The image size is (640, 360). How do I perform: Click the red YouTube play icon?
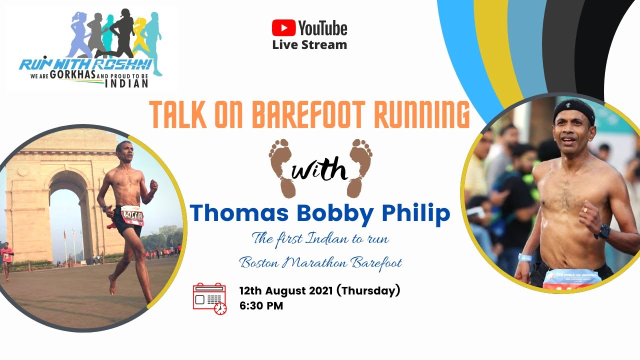pyautogui.click(x=283, y=27)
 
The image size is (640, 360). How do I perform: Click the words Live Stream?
pyautogui.click(x=309, y=44)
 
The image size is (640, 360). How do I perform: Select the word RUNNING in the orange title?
pyautogui.click(x=422, y=115)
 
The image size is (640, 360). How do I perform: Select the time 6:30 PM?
pyautogui.click(x=261, y=306)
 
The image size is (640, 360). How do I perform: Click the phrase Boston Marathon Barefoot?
pyautogui.click(x=320, y=262)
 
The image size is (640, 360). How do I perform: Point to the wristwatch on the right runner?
pyautogui.click(x=603, y=231)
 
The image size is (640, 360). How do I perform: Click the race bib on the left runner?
pyautogui.click(x=132, y=214)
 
